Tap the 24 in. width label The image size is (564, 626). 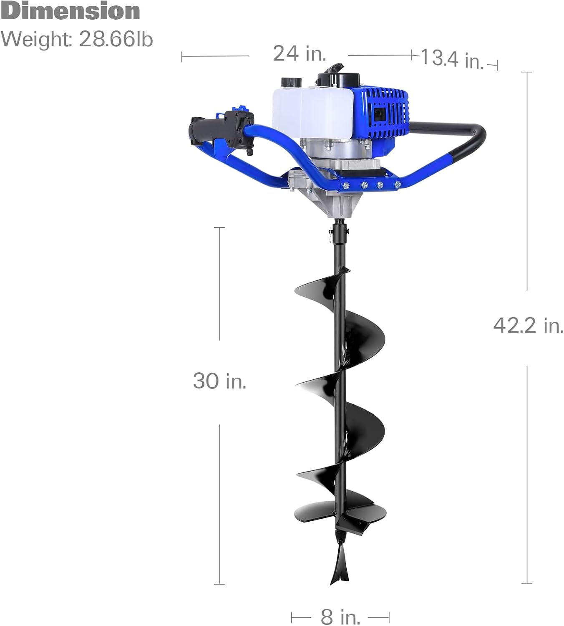click(x=299, y=53)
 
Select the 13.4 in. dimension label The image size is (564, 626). click(x=452, y=58)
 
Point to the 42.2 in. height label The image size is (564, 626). click(x=528, y=325)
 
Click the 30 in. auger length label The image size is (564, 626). click(x=219, y=381)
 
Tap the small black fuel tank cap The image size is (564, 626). click(x=292, y=82)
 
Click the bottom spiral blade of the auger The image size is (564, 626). click(x=334, y=511)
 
